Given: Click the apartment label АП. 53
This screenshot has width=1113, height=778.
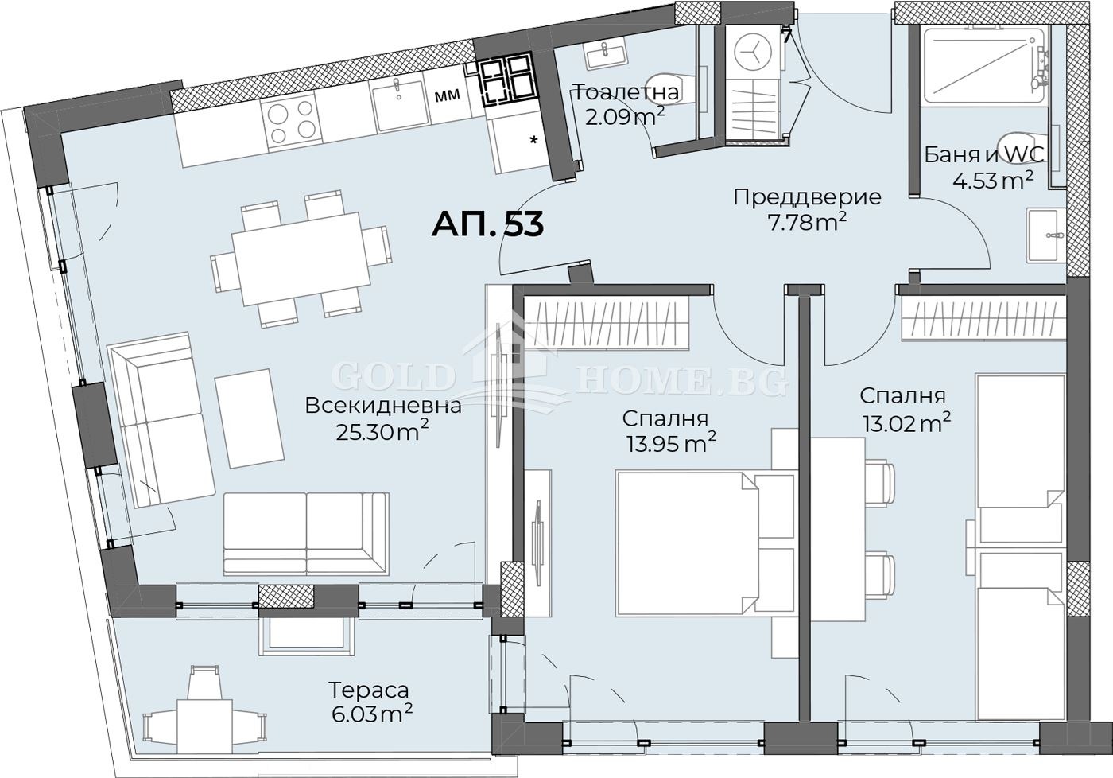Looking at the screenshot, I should (487, 224).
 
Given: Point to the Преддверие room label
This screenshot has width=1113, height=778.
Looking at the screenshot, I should (807, 196).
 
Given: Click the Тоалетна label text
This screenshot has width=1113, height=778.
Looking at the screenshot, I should (626, 92).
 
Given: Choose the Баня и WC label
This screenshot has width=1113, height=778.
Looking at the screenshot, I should (983, 154).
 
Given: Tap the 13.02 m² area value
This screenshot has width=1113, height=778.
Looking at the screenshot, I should (906, 422).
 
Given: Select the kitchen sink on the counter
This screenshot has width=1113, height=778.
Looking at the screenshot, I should (401, 104).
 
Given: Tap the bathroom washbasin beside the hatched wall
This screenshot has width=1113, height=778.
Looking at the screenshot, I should (1045, 235).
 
